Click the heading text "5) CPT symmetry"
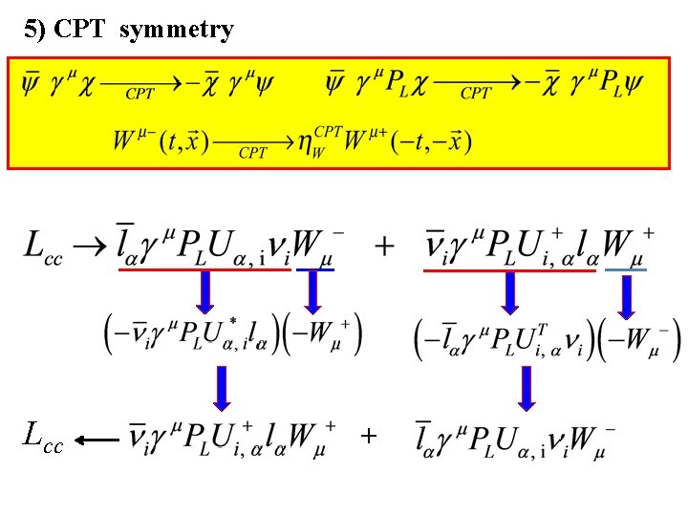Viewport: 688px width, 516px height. click(x=128, y=30)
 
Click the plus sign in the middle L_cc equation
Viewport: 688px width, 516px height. click(x=384, y=246)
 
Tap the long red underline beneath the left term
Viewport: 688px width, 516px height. click(x=204, y=270)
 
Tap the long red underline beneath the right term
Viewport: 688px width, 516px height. click(x=508, y=270)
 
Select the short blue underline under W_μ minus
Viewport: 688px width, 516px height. click(x=314, y=270)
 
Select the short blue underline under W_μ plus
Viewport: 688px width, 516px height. click(x=626, y=270)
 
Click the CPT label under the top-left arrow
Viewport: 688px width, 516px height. click(x=140, y=94)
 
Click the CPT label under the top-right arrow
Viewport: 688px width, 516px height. click(x=475, y=94)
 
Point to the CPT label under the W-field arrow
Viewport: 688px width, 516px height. click(x=252, y=153)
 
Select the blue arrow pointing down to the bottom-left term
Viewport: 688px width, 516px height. click(x=222, y=388)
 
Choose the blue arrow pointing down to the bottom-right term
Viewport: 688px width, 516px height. click(x=525, y=388)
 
